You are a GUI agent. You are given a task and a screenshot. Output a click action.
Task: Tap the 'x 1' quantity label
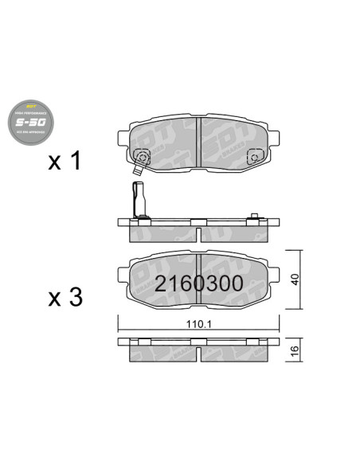pos(65,162)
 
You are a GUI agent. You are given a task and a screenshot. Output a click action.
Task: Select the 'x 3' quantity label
pos(65,298)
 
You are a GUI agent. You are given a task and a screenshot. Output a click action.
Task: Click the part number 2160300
pos(198,284)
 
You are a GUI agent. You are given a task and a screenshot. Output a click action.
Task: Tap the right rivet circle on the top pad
pos(254,157)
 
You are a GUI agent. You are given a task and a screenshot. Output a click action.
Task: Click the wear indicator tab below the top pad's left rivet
pos(139,170)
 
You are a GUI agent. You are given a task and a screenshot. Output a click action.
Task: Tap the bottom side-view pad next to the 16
pos(198,349)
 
